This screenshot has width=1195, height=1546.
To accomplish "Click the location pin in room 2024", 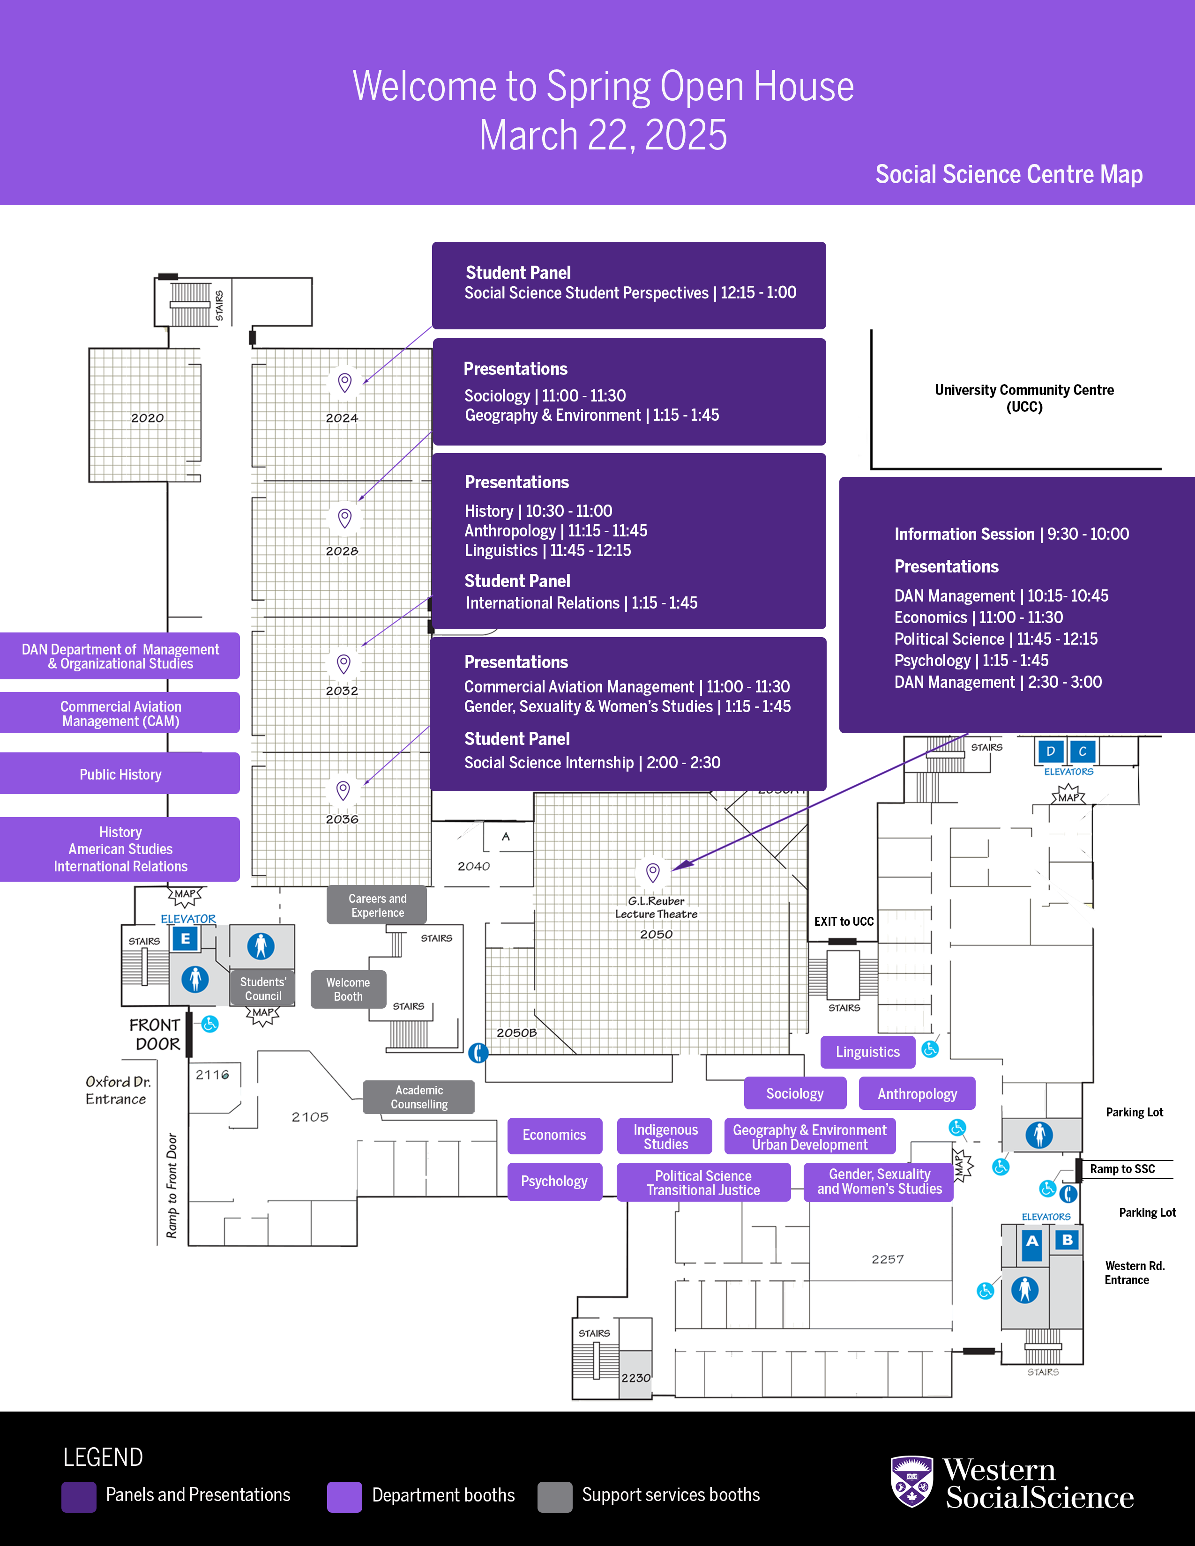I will [x=345, y=382].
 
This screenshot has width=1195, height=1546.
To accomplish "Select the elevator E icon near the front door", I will [x=186, y=939].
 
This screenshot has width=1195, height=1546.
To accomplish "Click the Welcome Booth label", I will [x=348, y=989].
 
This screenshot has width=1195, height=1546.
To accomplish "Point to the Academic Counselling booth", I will [x=419, y=1097].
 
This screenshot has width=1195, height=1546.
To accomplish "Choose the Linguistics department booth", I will [x=867, y=1052].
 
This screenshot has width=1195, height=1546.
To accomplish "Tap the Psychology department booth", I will [x=554, y=1182].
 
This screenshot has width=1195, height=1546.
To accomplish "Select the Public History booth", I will [x=120, y=774].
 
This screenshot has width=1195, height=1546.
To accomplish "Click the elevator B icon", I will [x=1067, y=1240].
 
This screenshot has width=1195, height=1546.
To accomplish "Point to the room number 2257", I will [x=888, y=1259].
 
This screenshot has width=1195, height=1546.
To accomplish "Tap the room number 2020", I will [x=147, y=418].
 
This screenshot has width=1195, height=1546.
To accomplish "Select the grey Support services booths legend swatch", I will [x=554, y=1496].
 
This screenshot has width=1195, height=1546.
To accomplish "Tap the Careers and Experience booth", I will [x=377, y=906].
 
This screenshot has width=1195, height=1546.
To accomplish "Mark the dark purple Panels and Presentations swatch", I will [x=79, y=1496].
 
